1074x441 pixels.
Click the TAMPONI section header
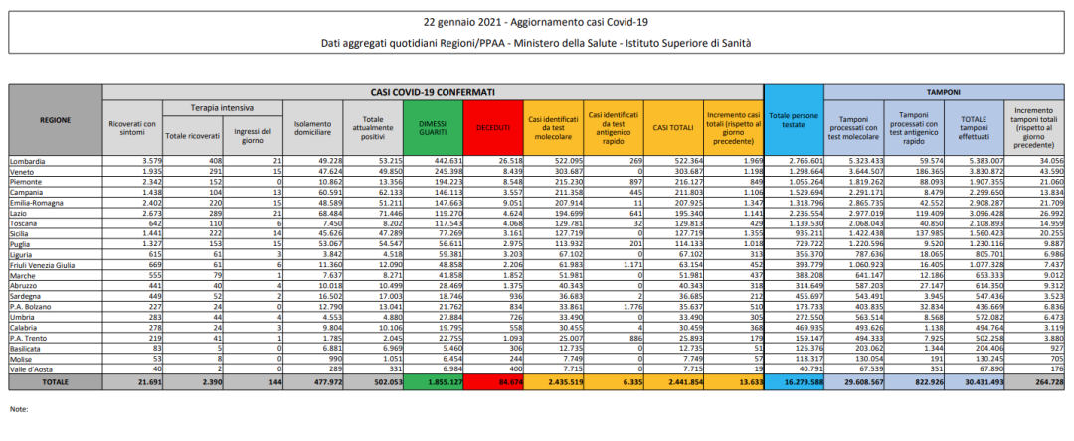click(x=945, y=91)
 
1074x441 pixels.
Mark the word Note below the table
click(x=18, y=408)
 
